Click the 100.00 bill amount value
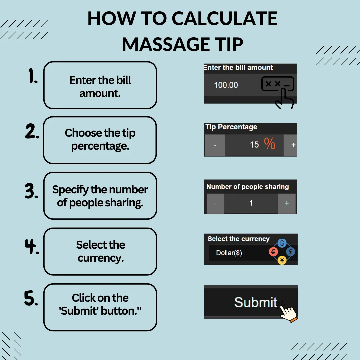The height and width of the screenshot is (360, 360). (226, 85)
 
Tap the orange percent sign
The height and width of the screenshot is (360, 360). (270, 143)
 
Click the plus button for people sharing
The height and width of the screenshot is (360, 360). (287, 203)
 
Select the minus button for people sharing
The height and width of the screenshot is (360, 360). (215, 203)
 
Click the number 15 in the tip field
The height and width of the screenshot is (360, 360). (254, 145)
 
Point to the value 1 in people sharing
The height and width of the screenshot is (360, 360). (251, 203)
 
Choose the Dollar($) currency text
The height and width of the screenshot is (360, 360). (229, 253)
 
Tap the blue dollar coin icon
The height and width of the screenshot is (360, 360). (282, 243)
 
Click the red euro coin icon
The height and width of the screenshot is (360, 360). (273, 252)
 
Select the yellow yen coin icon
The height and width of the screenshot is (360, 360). (282, 260)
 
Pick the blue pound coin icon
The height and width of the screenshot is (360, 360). (290, 252)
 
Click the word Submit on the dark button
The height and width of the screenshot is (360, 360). (256, 302)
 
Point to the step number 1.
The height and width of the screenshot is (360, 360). (33, 76)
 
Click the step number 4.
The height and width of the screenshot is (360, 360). (32, 246)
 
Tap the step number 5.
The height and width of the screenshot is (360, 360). (31, 298)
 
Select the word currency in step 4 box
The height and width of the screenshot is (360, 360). (101, 258)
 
